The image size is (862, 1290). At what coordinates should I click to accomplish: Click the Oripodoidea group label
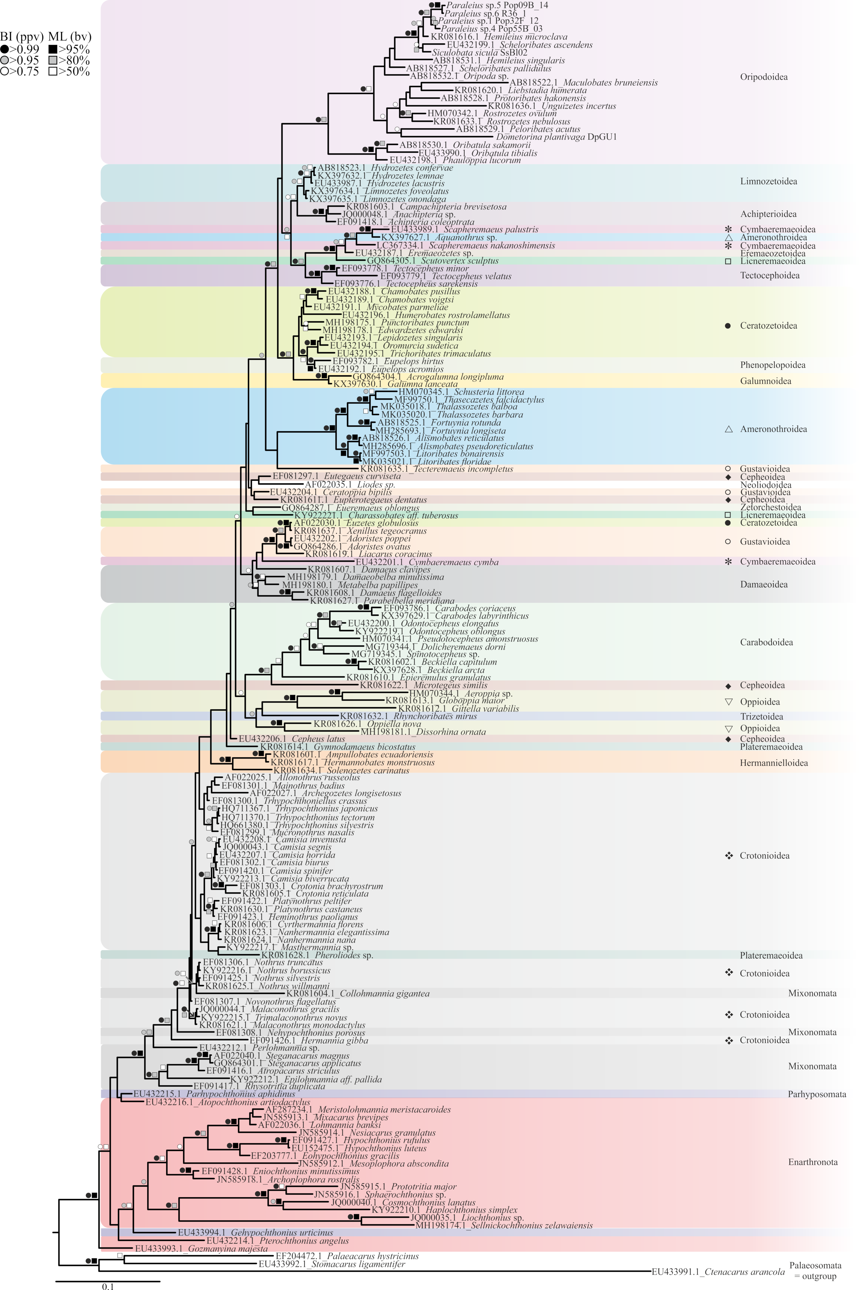click(764, 77)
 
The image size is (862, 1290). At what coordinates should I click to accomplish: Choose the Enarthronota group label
click(813, 1162)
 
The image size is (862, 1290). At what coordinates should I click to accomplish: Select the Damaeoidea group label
click(764, 584)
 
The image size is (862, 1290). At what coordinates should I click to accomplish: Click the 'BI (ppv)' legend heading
click(22, 37)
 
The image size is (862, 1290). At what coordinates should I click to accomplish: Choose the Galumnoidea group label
click(765, 381)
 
